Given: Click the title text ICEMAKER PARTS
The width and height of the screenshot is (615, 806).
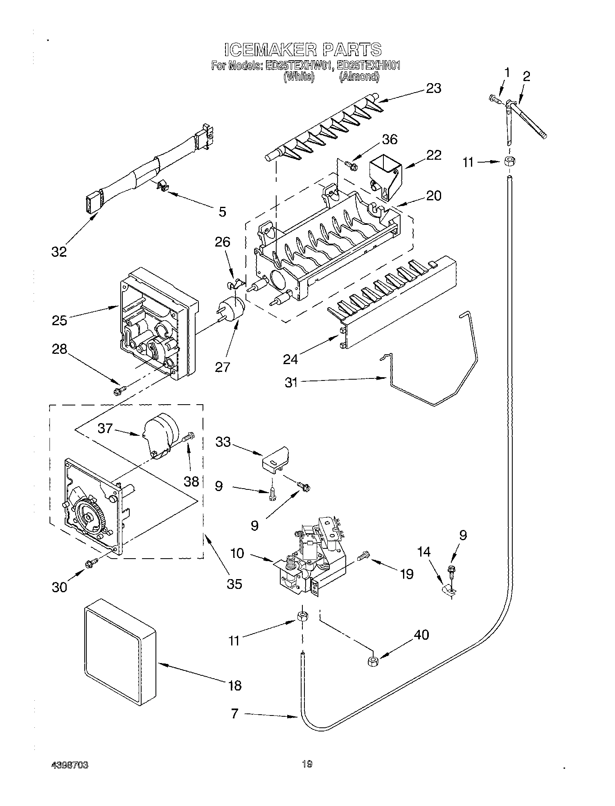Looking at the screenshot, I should pos(302,50).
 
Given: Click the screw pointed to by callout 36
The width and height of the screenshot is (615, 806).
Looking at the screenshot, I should pos(351,165).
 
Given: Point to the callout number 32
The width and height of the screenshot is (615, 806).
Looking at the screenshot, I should pos(59,251).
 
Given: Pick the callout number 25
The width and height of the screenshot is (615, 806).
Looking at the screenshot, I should pos(59,320).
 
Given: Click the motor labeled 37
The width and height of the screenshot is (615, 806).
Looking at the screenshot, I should pos(162,437).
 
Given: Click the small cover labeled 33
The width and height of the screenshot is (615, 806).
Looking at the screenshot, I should pos(275,460).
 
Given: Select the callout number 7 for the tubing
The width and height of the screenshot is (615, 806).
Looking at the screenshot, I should pos(234,713).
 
